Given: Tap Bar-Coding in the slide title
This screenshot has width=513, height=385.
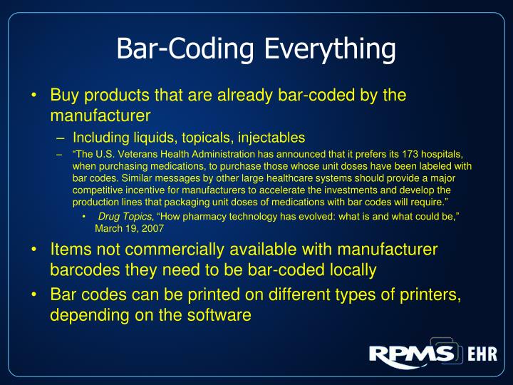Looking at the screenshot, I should pyautogui.click(x=187, y=49).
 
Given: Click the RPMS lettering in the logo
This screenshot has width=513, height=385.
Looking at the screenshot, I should pyautogui.click(x=409, y=354).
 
